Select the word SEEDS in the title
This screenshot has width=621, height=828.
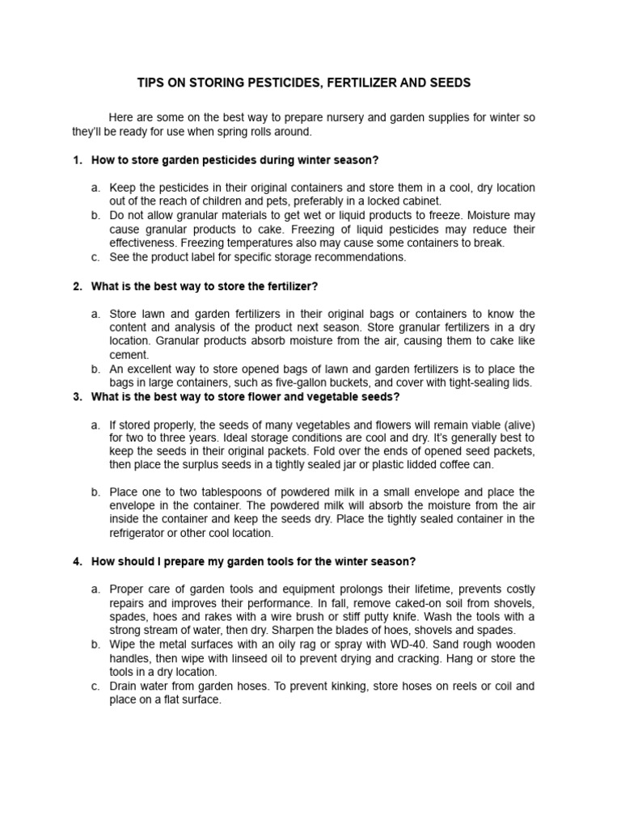click(x=450, y=83)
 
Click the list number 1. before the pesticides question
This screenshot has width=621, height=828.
click(x=78, y=159)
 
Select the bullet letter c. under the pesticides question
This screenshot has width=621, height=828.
click(x=95, y=257)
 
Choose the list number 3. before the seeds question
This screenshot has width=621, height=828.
click(x=78, y=397)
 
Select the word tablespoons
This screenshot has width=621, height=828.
click(x=218, y=492)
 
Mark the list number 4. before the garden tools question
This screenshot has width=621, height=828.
click(x=78, y=562)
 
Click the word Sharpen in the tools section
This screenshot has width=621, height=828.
click(x=331, y=630)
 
